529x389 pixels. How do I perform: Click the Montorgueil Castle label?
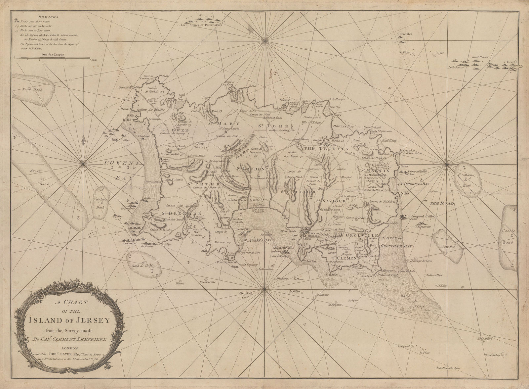tap(417, 217)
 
